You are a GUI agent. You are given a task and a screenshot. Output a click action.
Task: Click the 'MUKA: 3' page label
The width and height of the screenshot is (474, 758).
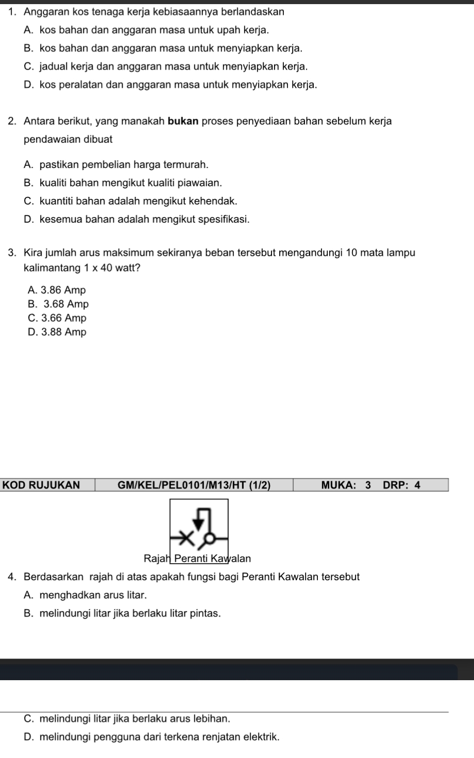[x=346, y=485]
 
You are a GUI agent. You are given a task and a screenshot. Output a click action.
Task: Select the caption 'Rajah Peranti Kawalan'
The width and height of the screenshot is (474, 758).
[x=197, y=558]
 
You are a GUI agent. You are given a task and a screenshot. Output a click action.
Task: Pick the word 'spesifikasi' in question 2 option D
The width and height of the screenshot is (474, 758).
[x=225, y=220]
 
